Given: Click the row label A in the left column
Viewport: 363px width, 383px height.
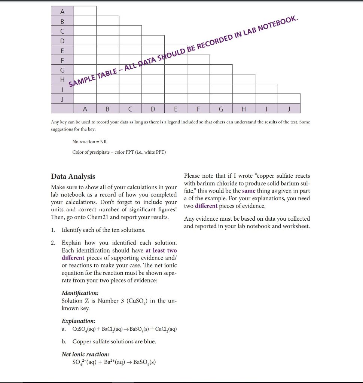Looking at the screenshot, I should (62, 11).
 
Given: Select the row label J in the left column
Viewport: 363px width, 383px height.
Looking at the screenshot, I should (62, 99).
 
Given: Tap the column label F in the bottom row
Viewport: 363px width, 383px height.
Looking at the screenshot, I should (198, 109).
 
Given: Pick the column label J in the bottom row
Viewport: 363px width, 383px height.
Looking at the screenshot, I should (289, 109).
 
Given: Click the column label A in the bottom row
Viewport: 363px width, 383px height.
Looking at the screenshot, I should (85, 109).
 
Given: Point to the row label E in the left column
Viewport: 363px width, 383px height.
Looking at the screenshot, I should (62, 50).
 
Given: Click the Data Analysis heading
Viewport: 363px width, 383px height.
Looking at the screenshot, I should (73, 177).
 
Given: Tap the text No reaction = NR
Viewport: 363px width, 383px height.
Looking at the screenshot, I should (89, 142).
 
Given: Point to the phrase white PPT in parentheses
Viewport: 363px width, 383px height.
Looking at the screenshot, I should (154, 152).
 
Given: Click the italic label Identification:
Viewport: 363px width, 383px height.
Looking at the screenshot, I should (80, 293).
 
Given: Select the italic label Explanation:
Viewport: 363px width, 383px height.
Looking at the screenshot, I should (78, 321).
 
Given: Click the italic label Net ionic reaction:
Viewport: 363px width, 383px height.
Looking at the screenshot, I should (85, 354).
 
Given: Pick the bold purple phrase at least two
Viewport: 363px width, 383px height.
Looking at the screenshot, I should (161, 251).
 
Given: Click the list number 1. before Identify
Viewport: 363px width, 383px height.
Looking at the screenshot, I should (54, 230).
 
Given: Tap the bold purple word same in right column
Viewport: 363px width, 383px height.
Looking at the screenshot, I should (249, 191).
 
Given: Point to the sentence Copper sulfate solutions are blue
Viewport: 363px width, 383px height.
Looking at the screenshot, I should (114, 341).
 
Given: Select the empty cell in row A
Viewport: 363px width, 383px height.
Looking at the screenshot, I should (85, 11).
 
